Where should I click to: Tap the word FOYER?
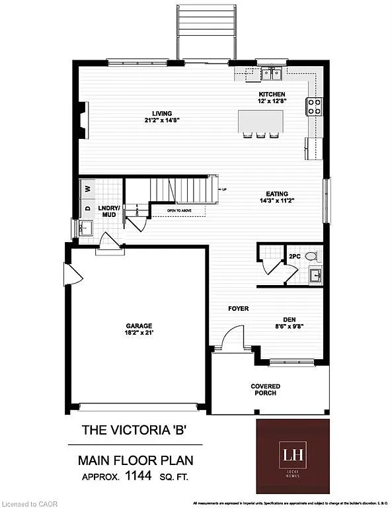(238, 309)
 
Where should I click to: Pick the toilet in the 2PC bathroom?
(312, 255)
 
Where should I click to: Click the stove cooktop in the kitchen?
(313, 105)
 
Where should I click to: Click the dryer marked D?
(87, 208)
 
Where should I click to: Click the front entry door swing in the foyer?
(231, 339)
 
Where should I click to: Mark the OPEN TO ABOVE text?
(180, 210)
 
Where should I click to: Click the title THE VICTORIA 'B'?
(134, 429)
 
